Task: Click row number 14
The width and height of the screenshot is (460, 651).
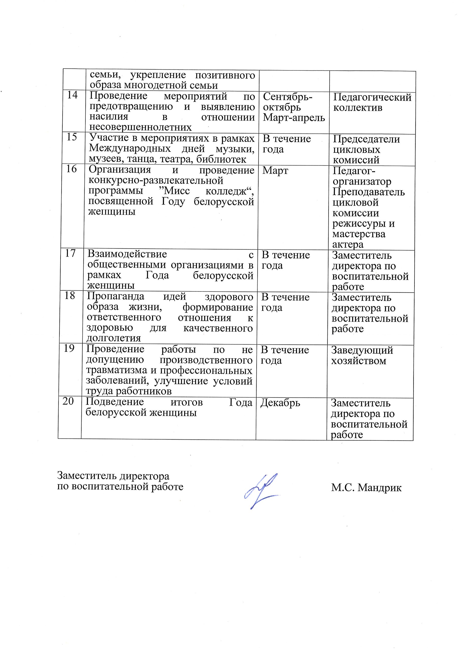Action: pos(72,95)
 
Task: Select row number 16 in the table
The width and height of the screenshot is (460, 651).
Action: pos(71,169)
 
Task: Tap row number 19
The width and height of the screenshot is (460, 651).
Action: pos(69,348)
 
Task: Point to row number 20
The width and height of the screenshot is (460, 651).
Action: pos(68,401)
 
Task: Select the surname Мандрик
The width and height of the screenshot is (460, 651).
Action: pos(380,488)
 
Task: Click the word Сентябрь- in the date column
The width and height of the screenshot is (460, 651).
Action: pos(288,97)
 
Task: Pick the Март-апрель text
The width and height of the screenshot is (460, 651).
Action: pos(294,117)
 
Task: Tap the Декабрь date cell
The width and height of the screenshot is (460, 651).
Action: pos(280,403)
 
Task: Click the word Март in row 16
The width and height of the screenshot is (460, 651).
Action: pos(275,171)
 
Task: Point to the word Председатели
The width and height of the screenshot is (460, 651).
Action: pos(366,139)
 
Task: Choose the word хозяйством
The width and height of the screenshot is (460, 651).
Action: pos(359,361)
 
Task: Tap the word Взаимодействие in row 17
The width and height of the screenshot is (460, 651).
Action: pos(127,254)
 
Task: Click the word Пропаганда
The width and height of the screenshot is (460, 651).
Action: pos(115,296)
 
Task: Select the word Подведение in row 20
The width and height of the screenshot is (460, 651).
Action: pos(115,402)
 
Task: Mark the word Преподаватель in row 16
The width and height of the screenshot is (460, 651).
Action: pos(369,192)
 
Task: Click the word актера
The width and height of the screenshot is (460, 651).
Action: pos(348,244)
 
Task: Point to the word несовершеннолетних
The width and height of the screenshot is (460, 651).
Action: pos(140,127)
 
